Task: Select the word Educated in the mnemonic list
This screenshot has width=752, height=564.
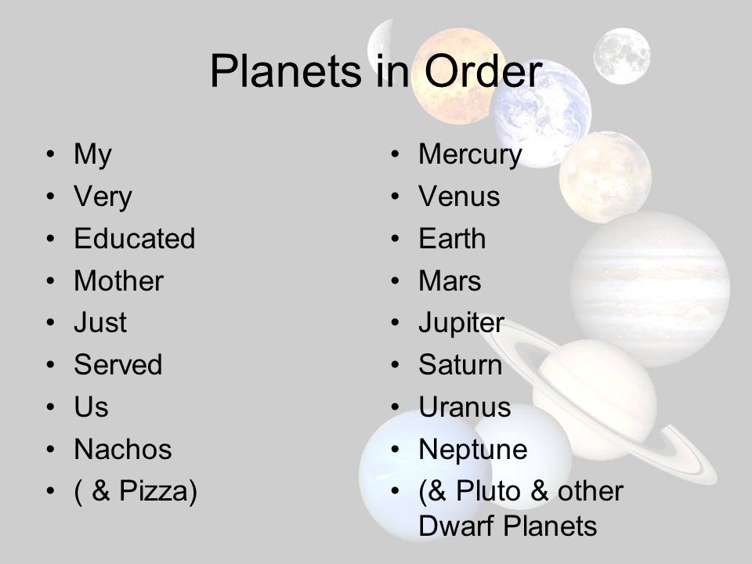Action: pyautogui.click(x=134, y=239)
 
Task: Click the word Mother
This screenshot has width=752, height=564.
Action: pyautogui.click(x=118, y=281)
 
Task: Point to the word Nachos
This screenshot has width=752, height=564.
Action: pyautogui.click(x=122, y=450)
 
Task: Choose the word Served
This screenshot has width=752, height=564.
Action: pyautogui.click(x=117, y=365)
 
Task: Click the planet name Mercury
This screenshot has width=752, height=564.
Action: pyautogui.click(x=470, y=155)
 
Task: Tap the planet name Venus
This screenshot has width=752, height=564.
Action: pyautogui.click(x=459, y=197)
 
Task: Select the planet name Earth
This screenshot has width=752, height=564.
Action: pyautogui.click(x=452, y=239)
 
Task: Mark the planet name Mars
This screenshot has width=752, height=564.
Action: pyautogui.click(x=450, y=281)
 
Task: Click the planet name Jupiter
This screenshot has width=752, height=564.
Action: pyautogui.click(x=461, y=324)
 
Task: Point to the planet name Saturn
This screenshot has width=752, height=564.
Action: pyautogui.click(x=460, y=365)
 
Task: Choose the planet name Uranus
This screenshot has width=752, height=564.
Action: pyautogui.click(x=465, y=407)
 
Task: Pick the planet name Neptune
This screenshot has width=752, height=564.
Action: pyautogui.click(x=473, y=450)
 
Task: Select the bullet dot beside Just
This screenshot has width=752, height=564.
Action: pyautogui.click(x=52, y=324)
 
